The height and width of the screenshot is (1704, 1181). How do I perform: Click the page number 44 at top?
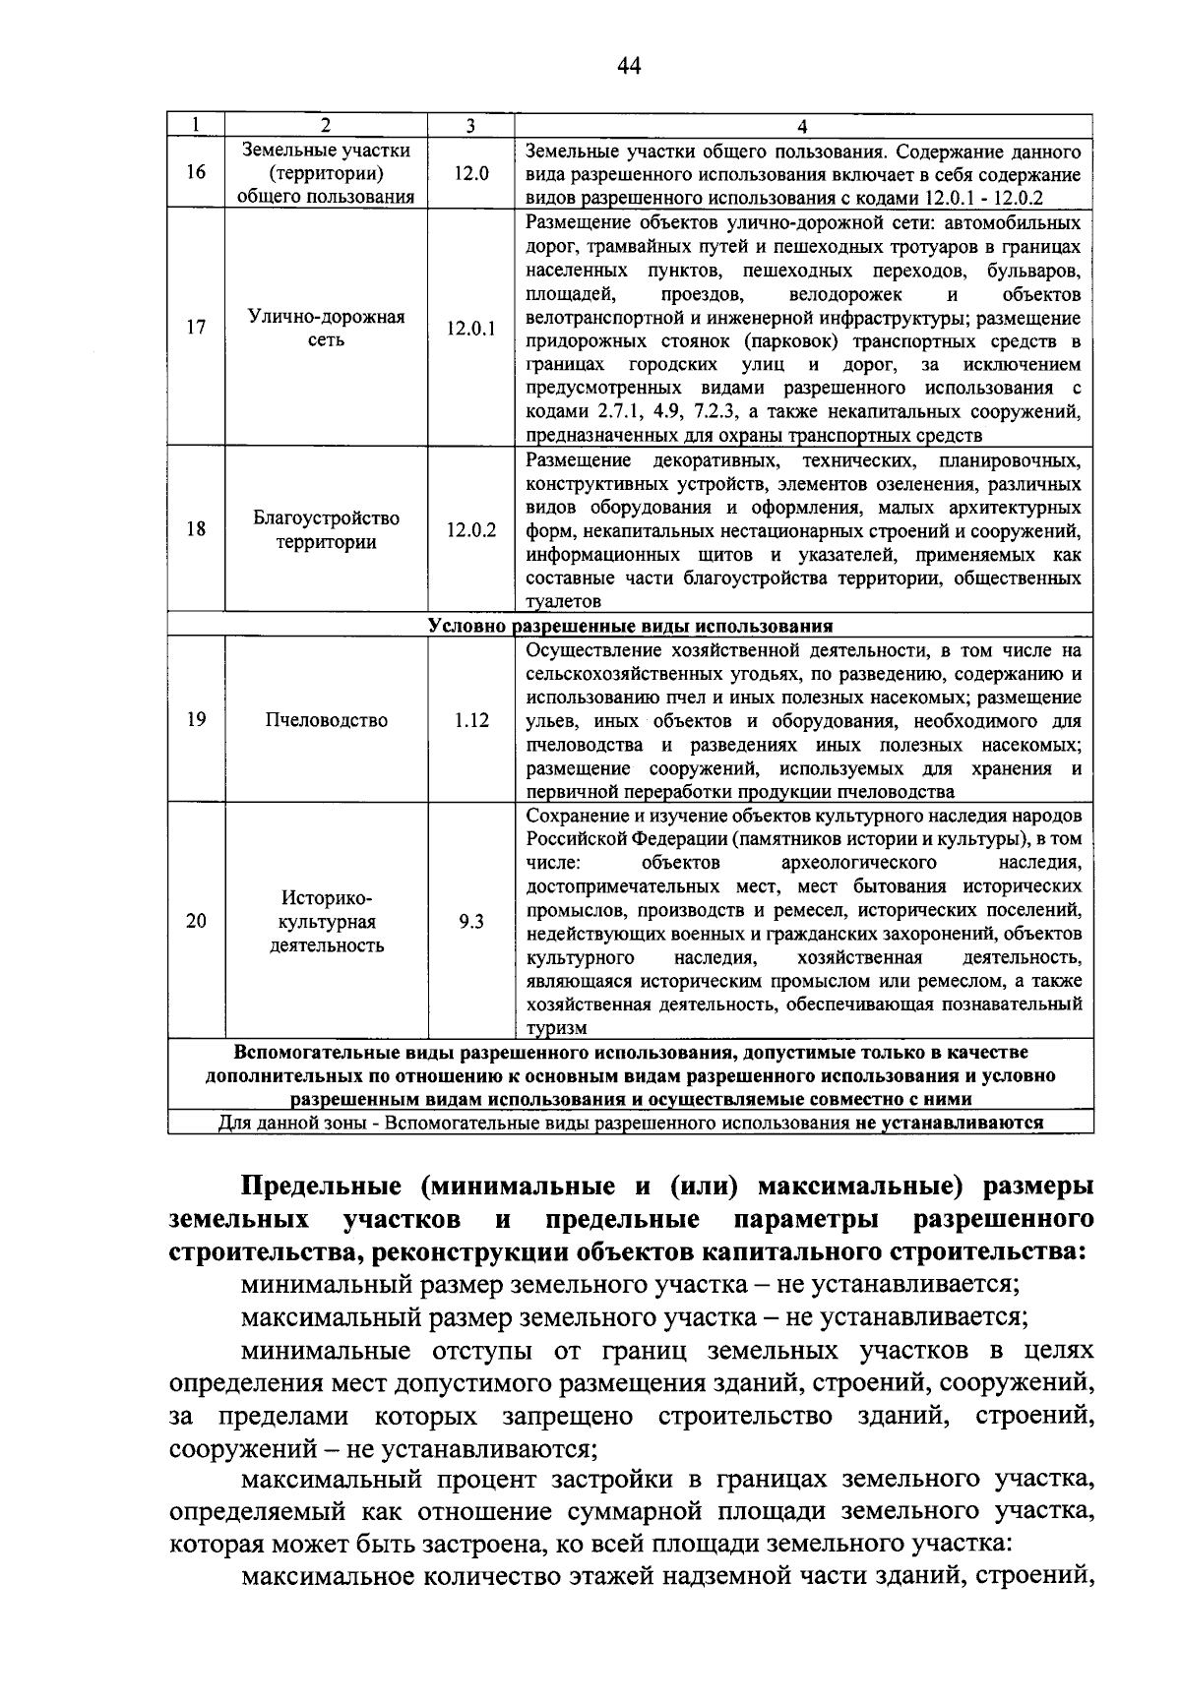click(x=629, y=65)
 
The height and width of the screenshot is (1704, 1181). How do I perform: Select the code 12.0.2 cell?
click(x=471, y=529)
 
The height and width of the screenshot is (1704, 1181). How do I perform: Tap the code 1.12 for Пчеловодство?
click(x=471, y=720)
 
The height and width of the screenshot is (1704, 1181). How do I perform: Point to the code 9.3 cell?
click(x=471, y=922)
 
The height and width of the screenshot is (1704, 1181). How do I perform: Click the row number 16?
click(x=196, y=173)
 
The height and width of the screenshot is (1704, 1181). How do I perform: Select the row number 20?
click(x=196, y=922)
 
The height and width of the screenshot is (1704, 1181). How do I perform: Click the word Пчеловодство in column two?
click(x=326, y=720)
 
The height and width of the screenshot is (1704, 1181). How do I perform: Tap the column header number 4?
click(x=803, y=126)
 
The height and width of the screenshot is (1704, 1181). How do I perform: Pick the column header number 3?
click(x=471, y=126)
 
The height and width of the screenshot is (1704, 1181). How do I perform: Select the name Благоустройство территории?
click(x=326, y=529)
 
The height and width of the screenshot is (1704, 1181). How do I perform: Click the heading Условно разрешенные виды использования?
click(x=631, y=626)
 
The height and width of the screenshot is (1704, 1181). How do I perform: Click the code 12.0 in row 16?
click(x=471, y=173)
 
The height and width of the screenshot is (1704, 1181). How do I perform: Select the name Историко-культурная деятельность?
click(x=326, y=922)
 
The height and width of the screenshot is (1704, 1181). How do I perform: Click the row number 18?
click(x=196, y=529)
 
